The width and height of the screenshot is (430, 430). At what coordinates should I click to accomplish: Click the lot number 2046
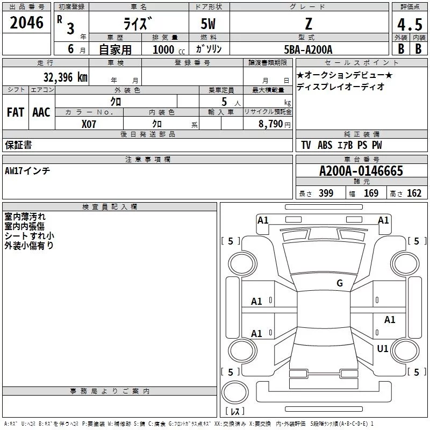[26, 23]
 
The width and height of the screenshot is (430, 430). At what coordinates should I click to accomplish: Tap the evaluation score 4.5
[410, 24]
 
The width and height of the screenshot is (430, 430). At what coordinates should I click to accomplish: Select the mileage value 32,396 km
[65, 77]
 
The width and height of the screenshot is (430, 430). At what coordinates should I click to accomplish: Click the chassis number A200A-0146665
[361, 171]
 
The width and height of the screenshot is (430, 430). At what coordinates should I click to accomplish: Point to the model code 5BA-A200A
[308, 49]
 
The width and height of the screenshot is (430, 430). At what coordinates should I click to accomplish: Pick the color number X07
[89, 124]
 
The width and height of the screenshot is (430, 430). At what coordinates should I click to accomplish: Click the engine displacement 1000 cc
[169, 49]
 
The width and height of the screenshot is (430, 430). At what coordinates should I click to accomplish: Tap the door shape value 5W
[208, 24]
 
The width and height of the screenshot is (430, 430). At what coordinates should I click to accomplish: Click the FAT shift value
[16, 112]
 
